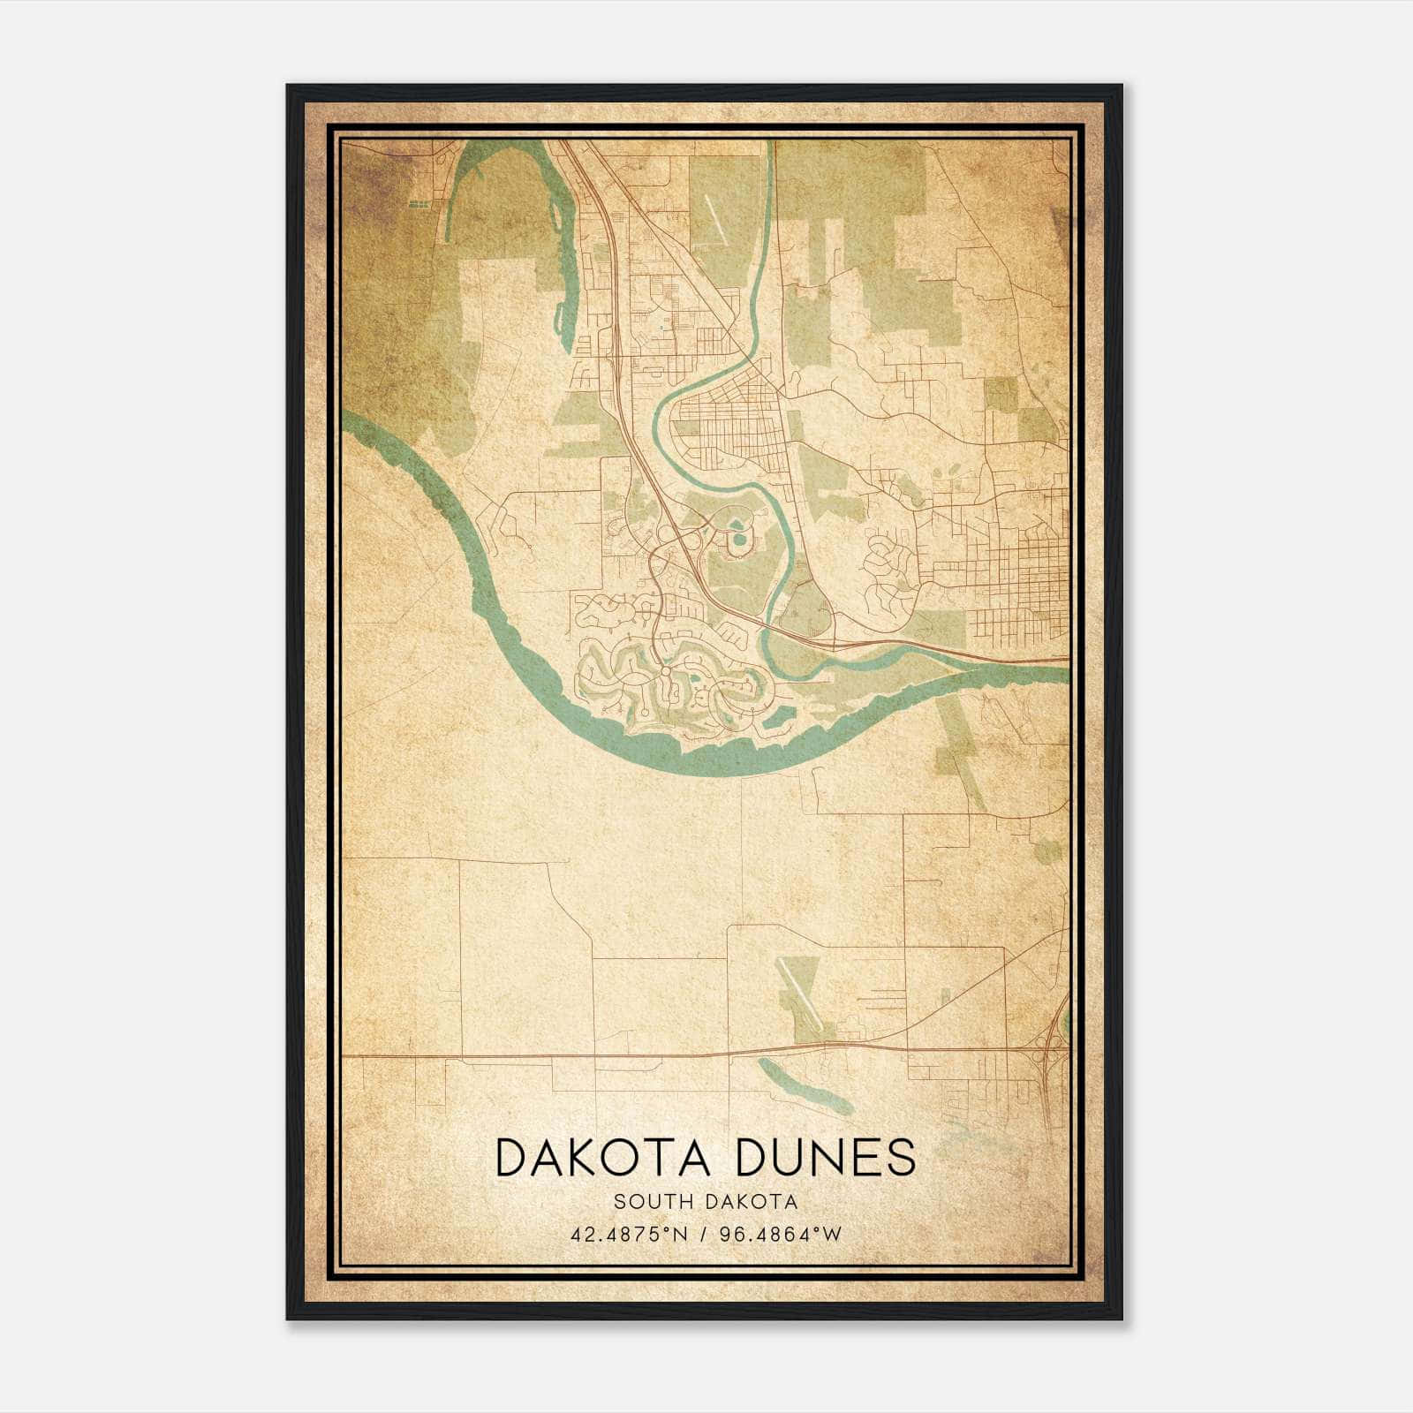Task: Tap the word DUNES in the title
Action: click(826, 1158)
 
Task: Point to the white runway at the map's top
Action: click(716, 216)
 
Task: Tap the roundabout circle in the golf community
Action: click(664, 673)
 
